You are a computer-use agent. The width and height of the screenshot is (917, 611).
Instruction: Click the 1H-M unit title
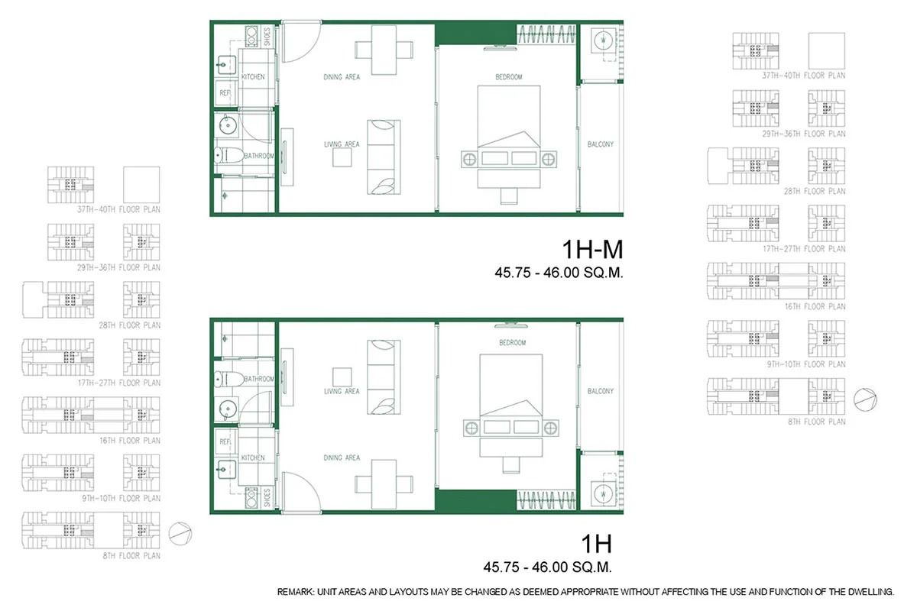[x=592, y=250]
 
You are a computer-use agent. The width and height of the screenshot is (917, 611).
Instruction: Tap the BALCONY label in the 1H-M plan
[x=601, y=144]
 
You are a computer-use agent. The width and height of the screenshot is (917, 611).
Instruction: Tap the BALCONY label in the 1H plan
[x=601, y=391]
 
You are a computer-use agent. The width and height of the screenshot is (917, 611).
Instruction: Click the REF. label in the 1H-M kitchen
[x=225, y=92]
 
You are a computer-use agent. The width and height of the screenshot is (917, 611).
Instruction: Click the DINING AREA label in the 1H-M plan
[x=342, y=76]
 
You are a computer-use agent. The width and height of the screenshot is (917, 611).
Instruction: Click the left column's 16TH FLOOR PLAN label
[x=129, y=440]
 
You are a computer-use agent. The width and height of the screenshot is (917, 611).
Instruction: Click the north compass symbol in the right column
[x=862, y=398]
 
